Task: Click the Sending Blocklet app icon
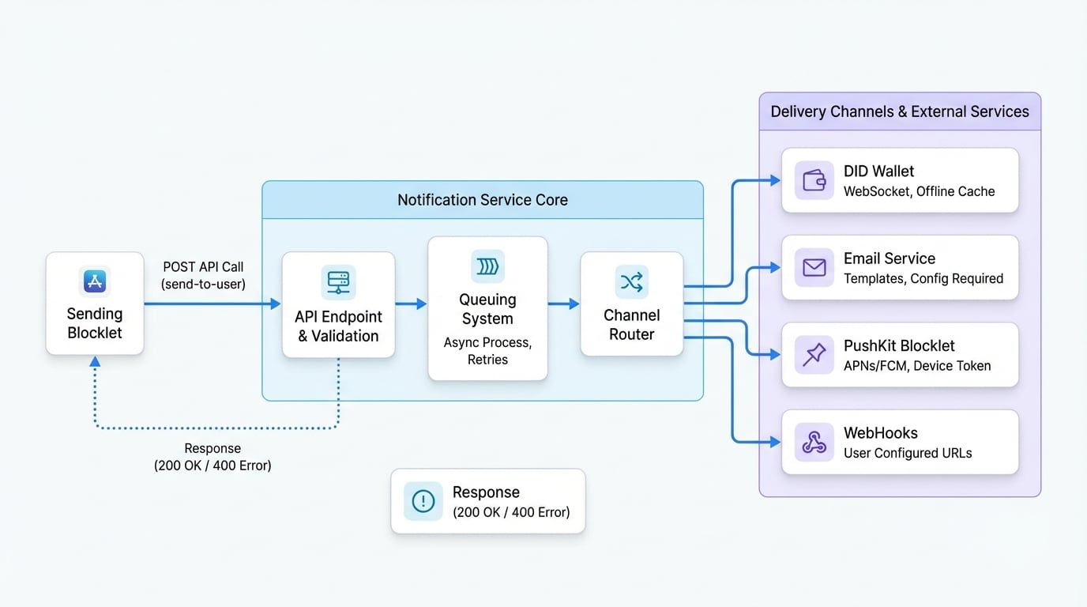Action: [x=95, y=281]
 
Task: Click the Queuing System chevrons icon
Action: [x=487, y=267]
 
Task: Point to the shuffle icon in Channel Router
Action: [x=631, y=281]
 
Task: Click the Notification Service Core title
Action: [x=482, y=200]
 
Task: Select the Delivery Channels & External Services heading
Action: [x=900, y=111]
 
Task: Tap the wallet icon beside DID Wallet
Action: [x=814, y=180]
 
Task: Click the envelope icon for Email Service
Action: [x=814, y=268]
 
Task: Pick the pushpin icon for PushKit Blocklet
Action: [x=814, y=355]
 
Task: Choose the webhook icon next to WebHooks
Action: [x=814, y=443]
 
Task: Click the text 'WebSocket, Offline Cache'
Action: [x=919, y=191]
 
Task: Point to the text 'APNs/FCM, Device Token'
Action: [x=916, y=366]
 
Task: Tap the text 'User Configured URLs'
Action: [x=908, y=453]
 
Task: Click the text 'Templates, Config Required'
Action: [x=923, y=278]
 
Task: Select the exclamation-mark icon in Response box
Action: [x=423, y=501]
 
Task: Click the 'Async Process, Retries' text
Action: [x=487, y=351]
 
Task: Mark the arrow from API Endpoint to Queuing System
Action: [x=411, y=303]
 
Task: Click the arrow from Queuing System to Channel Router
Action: [x=563, y=303]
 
